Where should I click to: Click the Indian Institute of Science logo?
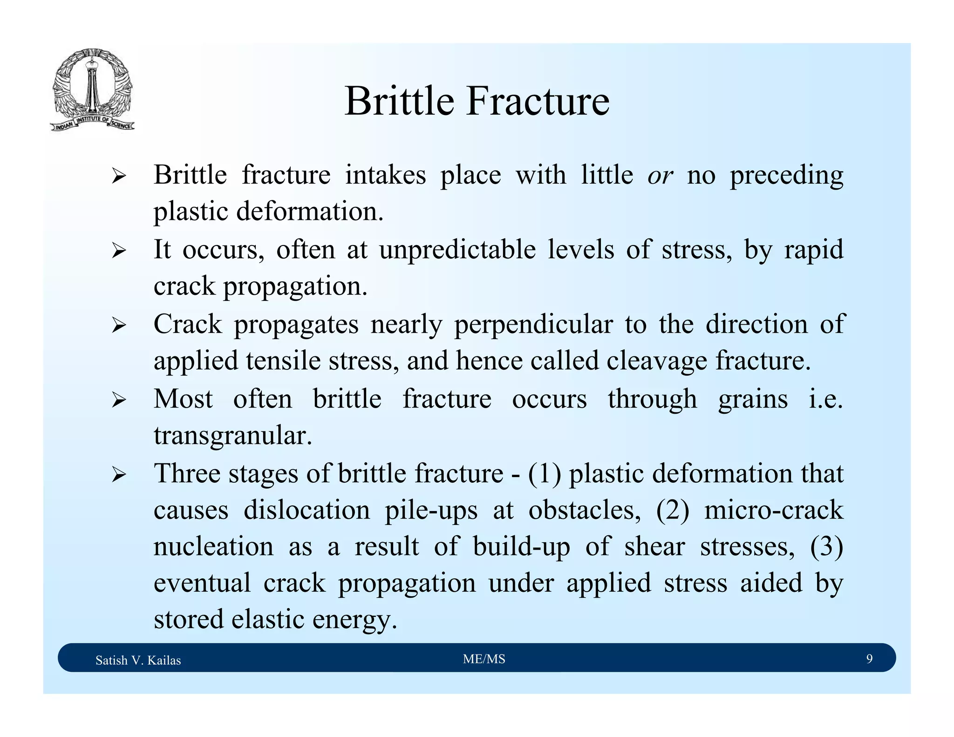pos(92,90)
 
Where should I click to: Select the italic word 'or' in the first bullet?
pos(660,176)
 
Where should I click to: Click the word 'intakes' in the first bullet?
pos(385,176)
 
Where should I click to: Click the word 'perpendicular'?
pos(533,325)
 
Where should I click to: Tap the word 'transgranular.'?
pos(233,436)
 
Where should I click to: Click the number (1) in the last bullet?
pos(544,474)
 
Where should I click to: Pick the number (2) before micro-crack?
pos(672,511)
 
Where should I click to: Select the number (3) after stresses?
pos(826,547)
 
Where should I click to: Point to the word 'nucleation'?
pos(213,547)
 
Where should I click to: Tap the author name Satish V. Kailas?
pos(138,660)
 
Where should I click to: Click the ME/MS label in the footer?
pos(484,659)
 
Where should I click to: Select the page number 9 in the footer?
pos(869,659)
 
